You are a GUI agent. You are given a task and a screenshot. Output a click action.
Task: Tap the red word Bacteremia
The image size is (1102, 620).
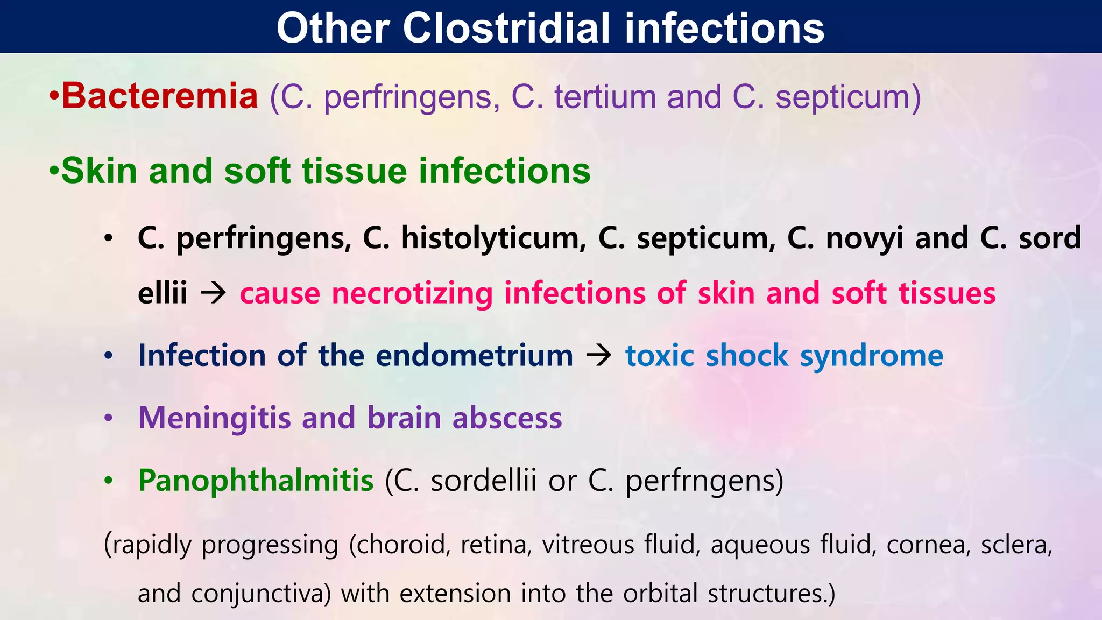coord(160,96)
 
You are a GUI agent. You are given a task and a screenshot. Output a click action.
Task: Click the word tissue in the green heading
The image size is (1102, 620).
coord(355,171)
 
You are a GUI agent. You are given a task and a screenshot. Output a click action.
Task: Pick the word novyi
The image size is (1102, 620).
coord(864,238)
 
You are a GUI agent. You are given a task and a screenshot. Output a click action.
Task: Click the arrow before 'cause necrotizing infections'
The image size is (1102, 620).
coord(213,293)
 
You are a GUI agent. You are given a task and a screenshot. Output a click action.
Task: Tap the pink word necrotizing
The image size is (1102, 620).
coord(412,294)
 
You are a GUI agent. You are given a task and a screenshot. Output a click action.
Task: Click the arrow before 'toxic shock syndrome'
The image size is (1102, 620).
coord(598,356)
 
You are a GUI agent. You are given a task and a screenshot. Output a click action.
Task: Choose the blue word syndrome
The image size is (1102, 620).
coord(872,356)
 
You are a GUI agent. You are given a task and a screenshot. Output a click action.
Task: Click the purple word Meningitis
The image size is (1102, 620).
coord(214,418)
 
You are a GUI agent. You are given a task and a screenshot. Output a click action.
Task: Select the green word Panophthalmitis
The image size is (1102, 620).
coord(256,480)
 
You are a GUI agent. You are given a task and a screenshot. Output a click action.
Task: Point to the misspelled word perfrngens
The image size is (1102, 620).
coord(704,481)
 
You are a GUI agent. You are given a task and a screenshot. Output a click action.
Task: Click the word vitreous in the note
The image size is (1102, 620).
coord(588,545)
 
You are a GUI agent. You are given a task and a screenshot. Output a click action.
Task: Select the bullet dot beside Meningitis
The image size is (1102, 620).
coord(109,418)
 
